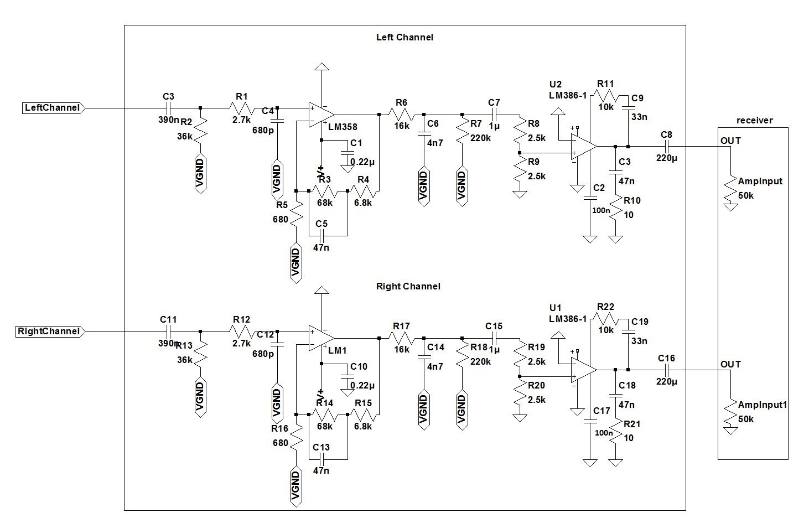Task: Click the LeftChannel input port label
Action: coord(53,108)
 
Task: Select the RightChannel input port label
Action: coord(49,331)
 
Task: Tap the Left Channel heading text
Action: coord(404,38)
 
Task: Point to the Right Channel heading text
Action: coord(408,287)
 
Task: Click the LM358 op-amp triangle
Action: coord(320,115)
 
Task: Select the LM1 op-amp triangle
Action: coord(320,338)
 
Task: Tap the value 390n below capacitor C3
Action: coord(168,119)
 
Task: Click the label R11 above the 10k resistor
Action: coord(605,84)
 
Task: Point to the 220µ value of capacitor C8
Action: coord(666,158)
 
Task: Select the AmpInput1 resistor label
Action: coord(762,405)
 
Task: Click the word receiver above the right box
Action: coord(755,120)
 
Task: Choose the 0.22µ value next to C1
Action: coord(362,162)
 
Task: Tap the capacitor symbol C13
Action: coord(321,459)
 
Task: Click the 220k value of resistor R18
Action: coord(480,361)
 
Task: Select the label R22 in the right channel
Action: coord(605,307)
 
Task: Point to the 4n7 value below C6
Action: coord(435,143)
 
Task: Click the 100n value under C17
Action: coord(602,433)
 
